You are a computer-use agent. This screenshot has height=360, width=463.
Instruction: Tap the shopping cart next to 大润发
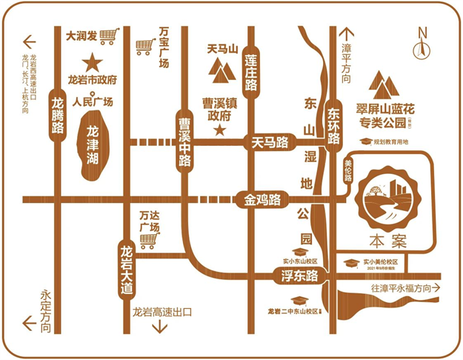pos(110,34)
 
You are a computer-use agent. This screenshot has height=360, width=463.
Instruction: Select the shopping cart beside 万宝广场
pos(144,47)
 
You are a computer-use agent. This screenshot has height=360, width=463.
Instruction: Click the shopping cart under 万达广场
pos(150,241)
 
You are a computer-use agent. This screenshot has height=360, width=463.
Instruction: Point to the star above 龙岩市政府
pos(93,61)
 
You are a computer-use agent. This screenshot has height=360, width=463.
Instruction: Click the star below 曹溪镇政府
pos(219,130)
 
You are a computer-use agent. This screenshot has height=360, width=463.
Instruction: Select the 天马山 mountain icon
pos(220,70)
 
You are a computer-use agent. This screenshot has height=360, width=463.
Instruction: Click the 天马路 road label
pos(270,141)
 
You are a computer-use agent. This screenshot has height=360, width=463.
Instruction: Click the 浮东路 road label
pos(299,276)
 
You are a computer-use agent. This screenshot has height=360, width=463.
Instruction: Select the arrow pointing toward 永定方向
pos(30,323)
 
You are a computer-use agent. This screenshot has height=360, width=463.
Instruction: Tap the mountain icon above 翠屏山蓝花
pos(387,87)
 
